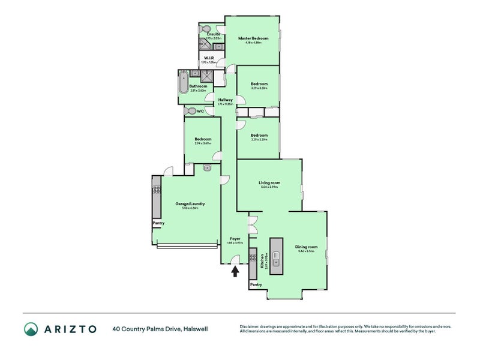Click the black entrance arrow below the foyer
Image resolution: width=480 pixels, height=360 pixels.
coord(235,272)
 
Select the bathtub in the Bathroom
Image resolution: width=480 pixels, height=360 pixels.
coord(183,85)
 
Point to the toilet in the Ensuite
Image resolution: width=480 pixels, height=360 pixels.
coord(205,28)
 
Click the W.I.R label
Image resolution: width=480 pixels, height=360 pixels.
coord(209,58)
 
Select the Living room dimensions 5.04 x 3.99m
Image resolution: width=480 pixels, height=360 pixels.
coord(269,187)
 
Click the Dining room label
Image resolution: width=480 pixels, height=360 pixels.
coord(305,247)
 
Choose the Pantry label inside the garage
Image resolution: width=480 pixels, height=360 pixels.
coord(158,223)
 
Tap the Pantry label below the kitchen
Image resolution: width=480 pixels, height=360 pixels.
coord(256,284)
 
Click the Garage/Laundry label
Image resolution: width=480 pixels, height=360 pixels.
coord(186,203)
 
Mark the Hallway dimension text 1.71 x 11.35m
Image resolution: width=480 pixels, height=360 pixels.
coord(225,104)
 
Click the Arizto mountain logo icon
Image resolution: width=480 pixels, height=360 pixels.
coord(31,329)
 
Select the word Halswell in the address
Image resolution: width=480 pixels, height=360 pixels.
coord(196,329)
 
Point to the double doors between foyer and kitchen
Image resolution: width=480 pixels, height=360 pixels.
coord(253,224)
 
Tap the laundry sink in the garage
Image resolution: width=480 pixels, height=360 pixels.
coord(207,168)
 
